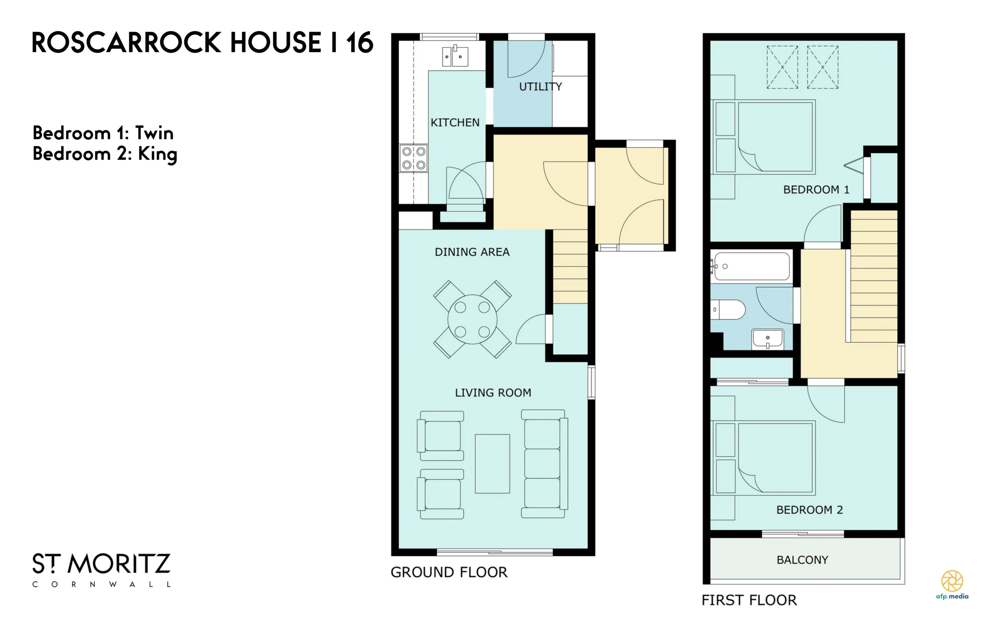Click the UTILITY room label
coord(540,87)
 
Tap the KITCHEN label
coord(455,123)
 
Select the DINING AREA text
coord(472,252)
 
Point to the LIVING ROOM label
coord(493,393)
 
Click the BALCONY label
coord(802,560)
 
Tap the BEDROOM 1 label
coord(816,190)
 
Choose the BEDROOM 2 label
coord(810,510)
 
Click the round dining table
coord(472,319)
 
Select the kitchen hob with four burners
coord(414,158)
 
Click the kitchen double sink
coord(455,56)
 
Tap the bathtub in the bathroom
coord(751,266)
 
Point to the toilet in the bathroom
coord(728,310)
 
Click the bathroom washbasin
coord(768,339)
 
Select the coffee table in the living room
coord(493,464)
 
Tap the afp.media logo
coord(952,585)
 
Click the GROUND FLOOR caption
coord(449,572)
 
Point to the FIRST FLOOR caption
coord(749,600)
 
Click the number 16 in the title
coord(359,42)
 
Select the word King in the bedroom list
coord(157,155)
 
